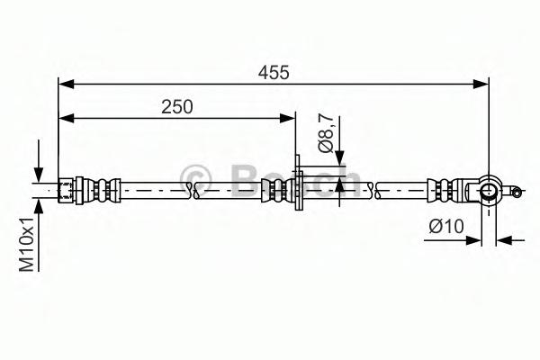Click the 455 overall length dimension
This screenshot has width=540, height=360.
tap(274, 73)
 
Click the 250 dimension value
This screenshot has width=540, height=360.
tap(177, 107)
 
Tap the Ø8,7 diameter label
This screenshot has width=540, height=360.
tap(326, 134)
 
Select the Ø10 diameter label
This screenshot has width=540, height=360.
tap(446, 227)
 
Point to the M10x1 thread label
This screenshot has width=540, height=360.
tap(26, 244)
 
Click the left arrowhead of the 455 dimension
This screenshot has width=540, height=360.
tap(66, 84)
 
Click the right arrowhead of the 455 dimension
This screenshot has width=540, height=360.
tap(481, 84)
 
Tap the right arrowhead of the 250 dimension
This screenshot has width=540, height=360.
tap(287, 118)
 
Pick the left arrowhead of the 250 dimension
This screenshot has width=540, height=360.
tap(66, 118)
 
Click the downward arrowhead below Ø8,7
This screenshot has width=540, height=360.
tap(339, 158)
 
